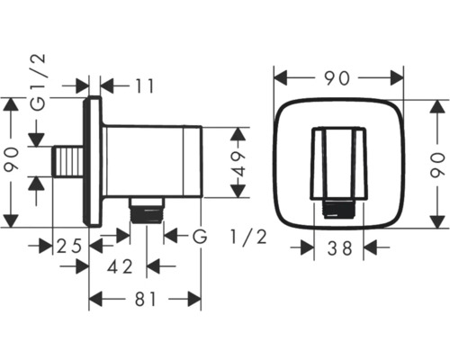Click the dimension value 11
145,86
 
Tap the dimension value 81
146,299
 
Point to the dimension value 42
120,266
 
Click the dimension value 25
69,246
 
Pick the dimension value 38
339,248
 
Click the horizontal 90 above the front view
337,78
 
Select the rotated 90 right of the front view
437,166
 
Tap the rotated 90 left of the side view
12,160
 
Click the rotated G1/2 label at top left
39,83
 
